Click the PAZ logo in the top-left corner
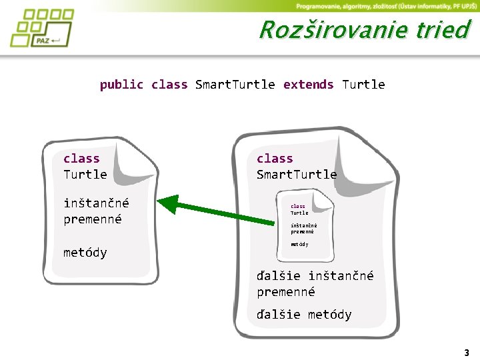coord(41,28)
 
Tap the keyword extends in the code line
coord(308,85)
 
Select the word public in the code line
coord(121,85)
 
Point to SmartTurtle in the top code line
coord(235,85)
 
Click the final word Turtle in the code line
coord(363,85)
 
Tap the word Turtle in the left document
coord(85,175)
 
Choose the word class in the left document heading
coord(81,159)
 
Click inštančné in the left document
coord(96,203)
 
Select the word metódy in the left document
coord(85,253)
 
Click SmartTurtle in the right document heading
coord(297,175)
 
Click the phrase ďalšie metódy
coord(304,315)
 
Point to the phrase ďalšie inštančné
coord(315,276)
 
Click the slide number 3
coord(467,353)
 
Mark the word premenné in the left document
coord(93,219)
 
